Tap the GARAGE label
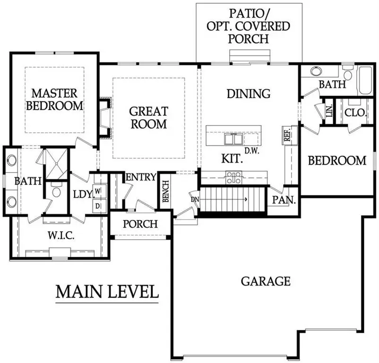[x=266, y=281]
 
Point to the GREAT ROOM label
[x=149, y=118]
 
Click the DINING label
[x=249, y=94]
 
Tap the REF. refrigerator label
[x=287, y=136]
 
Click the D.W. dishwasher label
[x=250, y=151]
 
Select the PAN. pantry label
[x=284, y=200]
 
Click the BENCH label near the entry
[x=166, y=191]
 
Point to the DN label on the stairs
[x=194, y=199]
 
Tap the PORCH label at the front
[x=140, y=224]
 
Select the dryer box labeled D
[x=98, y=206]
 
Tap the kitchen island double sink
[x=233, y=139]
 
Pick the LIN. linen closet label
[x=329, y=112]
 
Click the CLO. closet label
[x=353, y=113]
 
